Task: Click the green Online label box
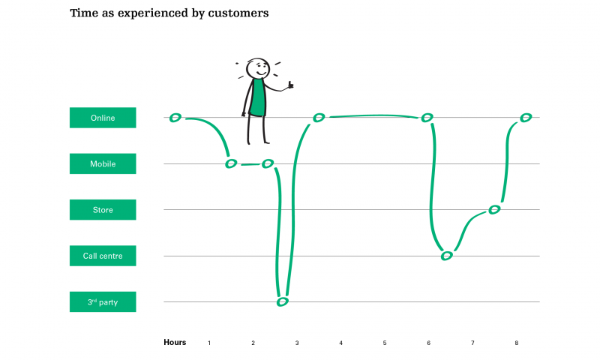coord(103,118)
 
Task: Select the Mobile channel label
coord(103,163)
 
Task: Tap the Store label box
coord(103,210)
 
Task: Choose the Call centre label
coord(103,256)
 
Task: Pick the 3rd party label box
coord(103,301)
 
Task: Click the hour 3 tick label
coord(297,343)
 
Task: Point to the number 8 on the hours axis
coord(517,343)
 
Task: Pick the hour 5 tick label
coord(385,343)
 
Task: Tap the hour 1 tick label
coord(209,343)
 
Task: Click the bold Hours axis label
coord(175,343)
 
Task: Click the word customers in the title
coord(238,13)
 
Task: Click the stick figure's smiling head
coord(258,68)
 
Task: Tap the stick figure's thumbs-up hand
coord(289,85)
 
